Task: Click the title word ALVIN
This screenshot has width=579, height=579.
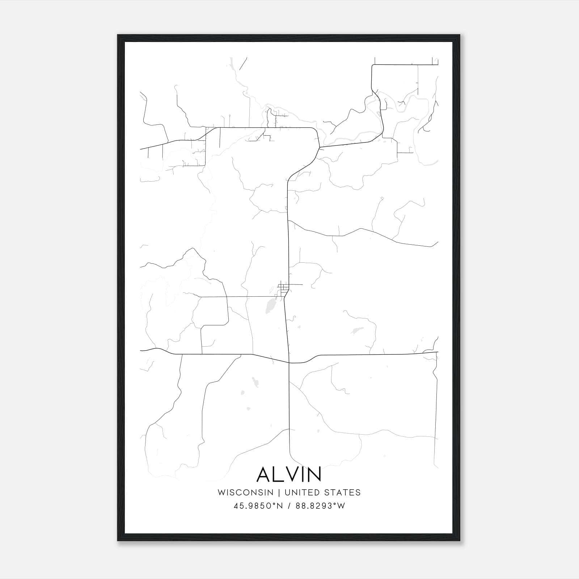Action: [289, 474]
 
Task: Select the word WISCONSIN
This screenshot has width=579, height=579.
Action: [246, 493]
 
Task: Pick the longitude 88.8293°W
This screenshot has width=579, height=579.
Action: [320, 506]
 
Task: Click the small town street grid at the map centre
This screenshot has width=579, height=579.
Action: [283, 289]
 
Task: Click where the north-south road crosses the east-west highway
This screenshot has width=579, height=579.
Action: [289, 362]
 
